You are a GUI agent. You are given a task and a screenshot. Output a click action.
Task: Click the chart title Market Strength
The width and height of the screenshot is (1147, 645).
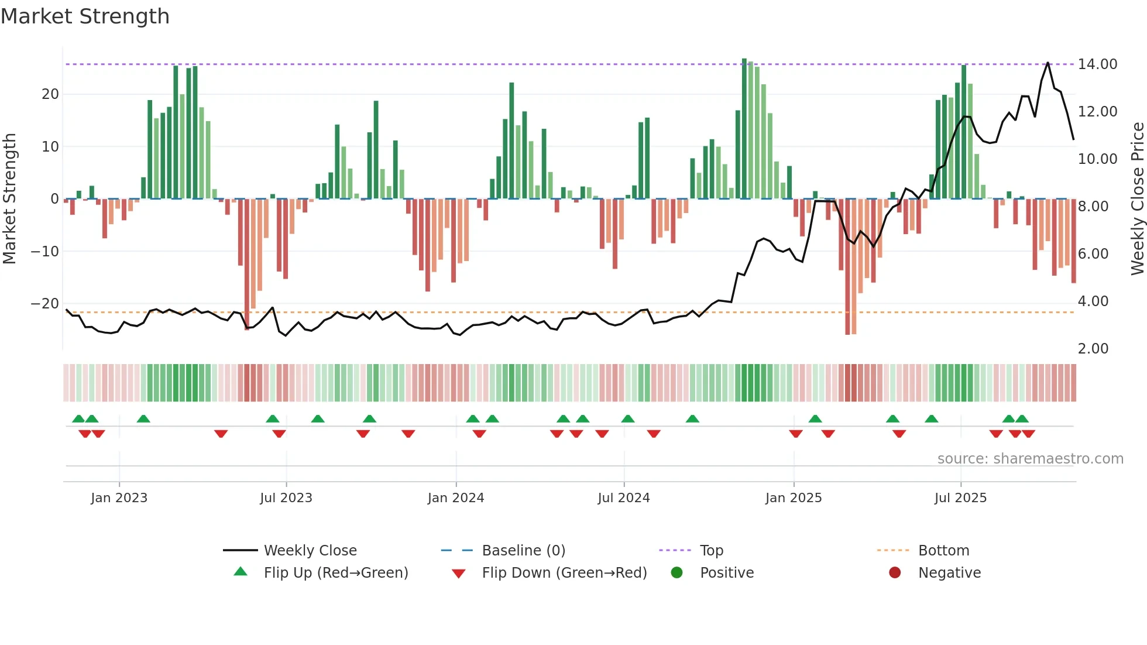coord(85,16)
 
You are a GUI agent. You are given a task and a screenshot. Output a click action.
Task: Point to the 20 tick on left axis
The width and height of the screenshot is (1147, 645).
coord(50,94)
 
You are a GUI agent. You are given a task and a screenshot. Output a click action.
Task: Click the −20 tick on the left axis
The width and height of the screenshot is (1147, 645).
coord(45,304)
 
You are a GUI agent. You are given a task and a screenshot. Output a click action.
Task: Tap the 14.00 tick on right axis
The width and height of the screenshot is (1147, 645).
coord(1097,64)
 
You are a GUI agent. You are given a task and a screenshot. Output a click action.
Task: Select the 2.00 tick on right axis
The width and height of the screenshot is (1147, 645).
coord(1093,349)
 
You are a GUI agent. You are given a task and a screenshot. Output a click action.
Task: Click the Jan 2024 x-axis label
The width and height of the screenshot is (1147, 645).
coord(456,498)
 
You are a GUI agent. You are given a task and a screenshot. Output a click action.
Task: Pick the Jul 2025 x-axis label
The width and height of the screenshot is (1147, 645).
coord(960,498)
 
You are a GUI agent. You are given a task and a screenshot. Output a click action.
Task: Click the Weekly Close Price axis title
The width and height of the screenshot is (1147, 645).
coord(1137,198)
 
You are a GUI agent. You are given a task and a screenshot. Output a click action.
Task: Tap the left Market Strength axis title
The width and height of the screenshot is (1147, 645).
coord(9,198)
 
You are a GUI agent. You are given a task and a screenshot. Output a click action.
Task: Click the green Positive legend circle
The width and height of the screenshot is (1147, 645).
coord(677,573)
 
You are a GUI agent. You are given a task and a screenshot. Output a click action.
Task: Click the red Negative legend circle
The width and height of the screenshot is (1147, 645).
coord(895,573)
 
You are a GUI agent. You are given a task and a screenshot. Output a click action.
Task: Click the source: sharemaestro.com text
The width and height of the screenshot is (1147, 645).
coord(1030,459)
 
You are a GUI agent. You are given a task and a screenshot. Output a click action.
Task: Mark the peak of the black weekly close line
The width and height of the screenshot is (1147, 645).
coord(1048,63)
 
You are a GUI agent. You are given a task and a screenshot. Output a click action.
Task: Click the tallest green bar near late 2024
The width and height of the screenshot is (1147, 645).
coord(744,129)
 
